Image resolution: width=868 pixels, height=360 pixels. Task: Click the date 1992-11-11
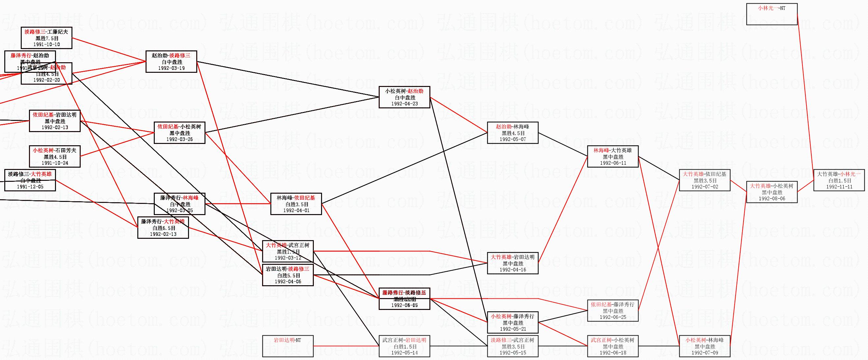(x=839, y=187)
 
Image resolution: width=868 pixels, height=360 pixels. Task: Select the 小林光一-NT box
(x=772, y=14)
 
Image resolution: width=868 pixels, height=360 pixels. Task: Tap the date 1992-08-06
(x=772, y=199)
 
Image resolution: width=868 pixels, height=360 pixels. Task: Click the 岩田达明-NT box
(x=288, y=346)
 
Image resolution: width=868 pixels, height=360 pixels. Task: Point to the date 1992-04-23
(x=404, y=103)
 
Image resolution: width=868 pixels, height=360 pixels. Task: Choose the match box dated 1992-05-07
(x=512, y=133)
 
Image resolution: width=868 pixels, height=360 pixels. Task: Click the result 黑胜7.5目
(x=46, y=39)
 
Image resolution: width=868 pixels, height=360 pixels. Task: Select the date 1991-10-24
(x=55, y=163)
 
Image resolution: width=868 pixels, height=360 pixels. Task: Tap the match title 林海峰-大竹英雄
(x=612, y=150)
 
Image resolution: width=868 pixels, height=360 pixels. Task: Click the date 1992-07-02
(x=705, y=186)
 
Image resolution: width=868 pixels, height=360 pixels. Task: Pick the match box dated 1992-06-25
(x=612, y=311)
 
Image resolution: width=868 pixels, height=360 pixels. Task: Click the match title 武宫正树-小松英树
(x=612, y=340)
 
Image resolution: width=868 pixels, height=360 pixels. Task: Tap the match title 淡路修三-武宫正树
(x=512, y=340)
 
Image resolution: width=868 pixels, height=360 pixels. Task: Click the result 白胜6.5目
(x=163, y=228)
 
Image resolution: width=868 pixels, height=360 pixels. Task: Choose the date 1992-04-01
(x=296, y=210)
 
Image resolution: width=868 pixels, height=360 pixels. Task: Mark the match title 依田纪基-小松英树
(x=179, y=127)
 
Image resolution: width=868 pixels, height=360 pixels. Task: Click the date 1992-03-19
(x=171, y=68)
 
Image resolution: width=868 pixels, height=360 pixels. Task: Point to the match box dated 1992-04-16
(x=512, y=263)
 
